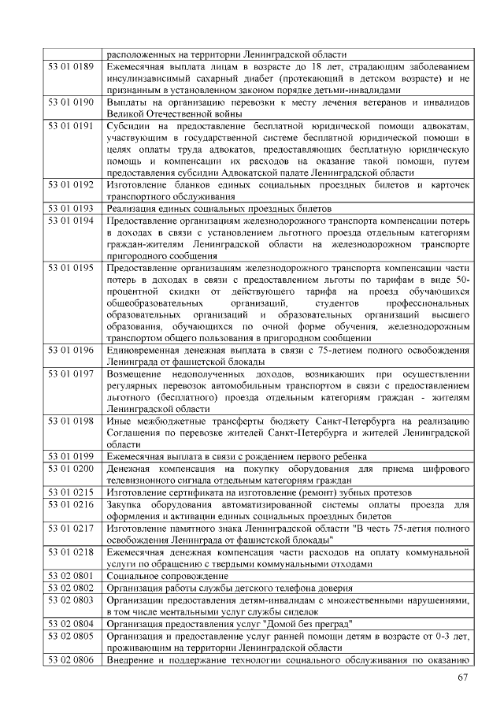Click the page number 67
[463, 680]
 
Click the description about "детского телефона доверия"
[229, 587]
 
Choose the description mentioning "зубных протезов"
[259, 492]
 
